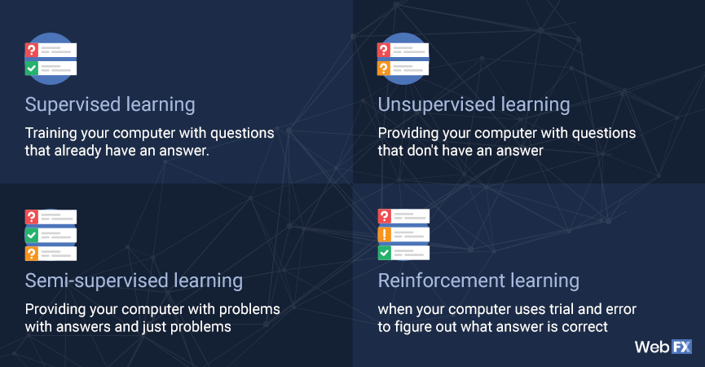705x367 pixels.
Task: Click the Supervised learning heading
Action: click(110, 104)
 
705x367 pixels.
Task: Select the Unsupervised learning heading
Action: click(474, 104)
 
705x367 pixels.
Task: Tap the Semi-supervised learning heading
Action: click(134, 281)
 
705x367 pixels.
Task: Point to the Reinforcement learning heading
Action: click(478, 281)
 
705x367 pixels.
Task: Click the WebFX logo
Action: click(663, 347)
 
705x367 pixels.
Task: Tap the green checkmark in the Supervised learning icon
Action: click(32, 69)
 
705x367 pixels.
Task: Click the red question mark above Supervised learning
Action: click(32, 50)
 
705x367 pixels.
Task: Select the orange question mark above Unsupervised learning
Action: click(384, 69)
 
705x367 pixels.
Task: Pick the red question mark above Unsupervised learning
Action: click(384, 50)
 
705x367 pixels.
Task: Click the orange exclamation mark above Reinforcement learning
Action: click(385, 234)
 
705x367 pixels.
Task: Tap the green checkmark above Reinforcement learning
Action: click(385, 253)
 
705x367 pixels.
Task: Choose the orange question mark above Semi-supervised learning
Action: click(32, 254)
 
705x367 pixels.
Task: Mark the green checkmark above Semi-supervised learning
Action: click(32, 235)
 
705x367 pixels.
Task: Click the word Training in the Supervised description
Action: click(51, 134)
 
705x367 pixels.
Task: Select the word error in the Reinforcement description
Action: click(621, 309)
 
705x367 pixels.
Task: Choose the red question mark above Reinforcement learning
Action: click(385, 216)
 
